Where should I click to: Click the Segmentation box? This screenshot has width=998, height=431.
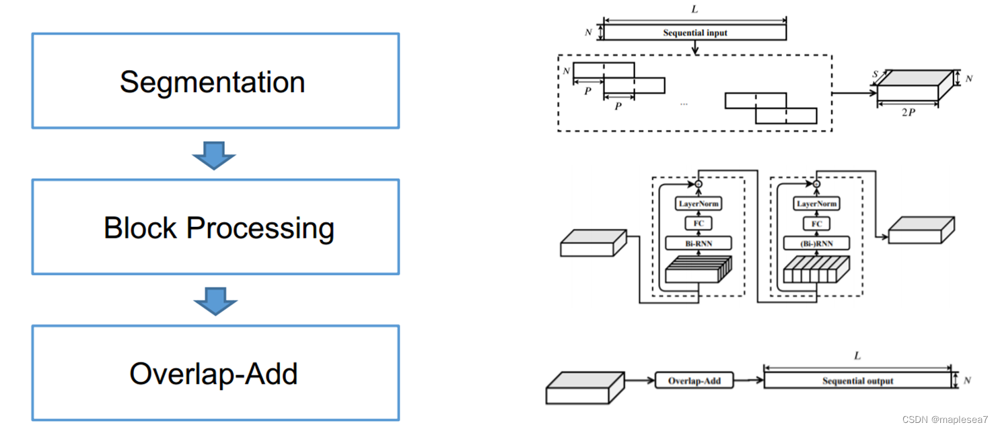pos(215,81)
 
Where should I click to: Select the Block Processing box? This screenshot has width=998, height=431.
pos(215,227)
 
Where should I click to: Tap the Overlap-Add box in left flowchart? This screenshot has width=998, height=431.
pos(215,372)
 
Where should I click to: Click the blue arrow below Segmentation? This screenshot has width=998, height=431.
pos(214,155)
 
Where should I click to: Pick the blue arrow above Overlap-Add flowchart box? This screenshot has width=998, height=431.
pos(215,301)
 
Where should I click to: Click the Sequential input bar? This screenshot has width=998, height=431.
pos(695,32)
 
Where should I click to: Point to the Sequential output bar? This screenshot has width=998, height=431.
pos(858,380)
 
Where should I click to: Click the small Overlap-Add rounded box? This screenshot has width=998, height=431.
pos(694,380)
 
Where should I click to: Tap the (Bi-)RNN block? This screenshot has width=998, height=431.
pos(816,243)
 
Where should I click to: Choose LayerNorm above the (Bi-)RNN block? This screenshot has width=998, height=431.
pos(816,203)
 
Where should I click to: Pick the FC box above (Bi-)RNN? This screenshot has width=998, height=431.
pos(816,223)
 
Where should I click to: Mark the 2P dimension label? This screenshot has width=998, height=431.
pos(908,112)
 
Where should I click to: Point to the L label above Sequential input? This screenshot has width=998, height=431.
pos(694,10)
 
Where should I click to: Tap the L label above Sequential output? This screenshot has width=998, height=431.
pos(857,356)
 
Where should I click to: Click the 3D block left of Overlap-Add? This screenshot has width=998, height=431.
pos(584,389)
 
